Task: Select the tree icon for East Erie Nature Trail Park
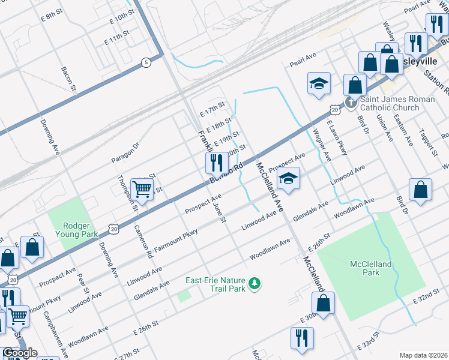(x=255, y=283)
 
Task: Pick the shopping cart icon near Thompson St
(x=142, y=188)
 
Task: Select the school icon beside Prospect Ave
(x=288, y=178)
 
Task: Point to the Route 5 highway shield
(x=145, y=62)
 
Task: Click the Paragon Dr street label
(x=125, y=153)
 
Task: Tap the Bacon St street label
(x=70, y=79)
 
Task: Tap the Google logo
(x=19, y=353)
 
